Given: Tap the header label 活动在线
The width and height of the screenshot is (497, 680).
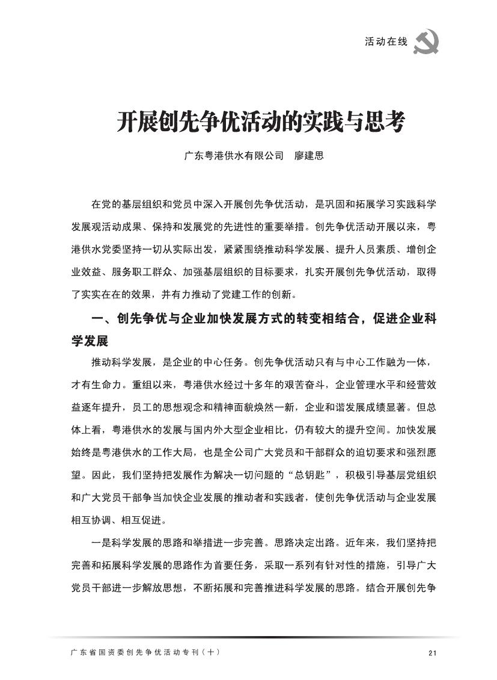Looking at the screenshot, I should pyautogui.click(x=386, y=42).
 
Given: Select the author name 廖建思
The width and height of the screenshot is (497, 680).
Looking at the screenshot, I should pyautogui.click(x=309, y=156).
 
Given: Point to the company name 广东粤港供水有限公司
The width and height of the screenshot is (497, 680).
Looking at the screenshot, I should pyautogui.click(x=233, y=156).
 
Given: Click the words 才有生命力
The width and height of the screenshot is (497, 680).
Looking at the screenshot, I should pyautogui.click(x=96, y=385).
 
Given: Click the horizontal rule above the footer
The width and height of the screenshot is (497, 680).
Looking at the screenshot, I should pyautogui.click(x=252, y=637).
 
